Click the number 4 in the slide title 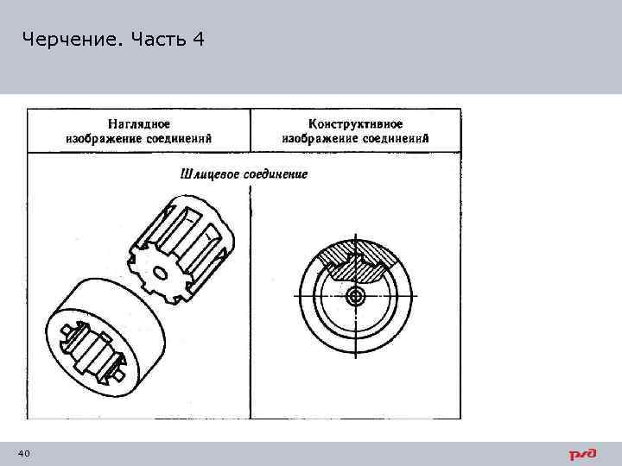coord(200,39)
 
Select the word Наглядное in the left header coord(138,124)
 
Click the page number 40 coord(24,454)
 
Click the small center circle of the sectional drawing coord(355,296)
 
